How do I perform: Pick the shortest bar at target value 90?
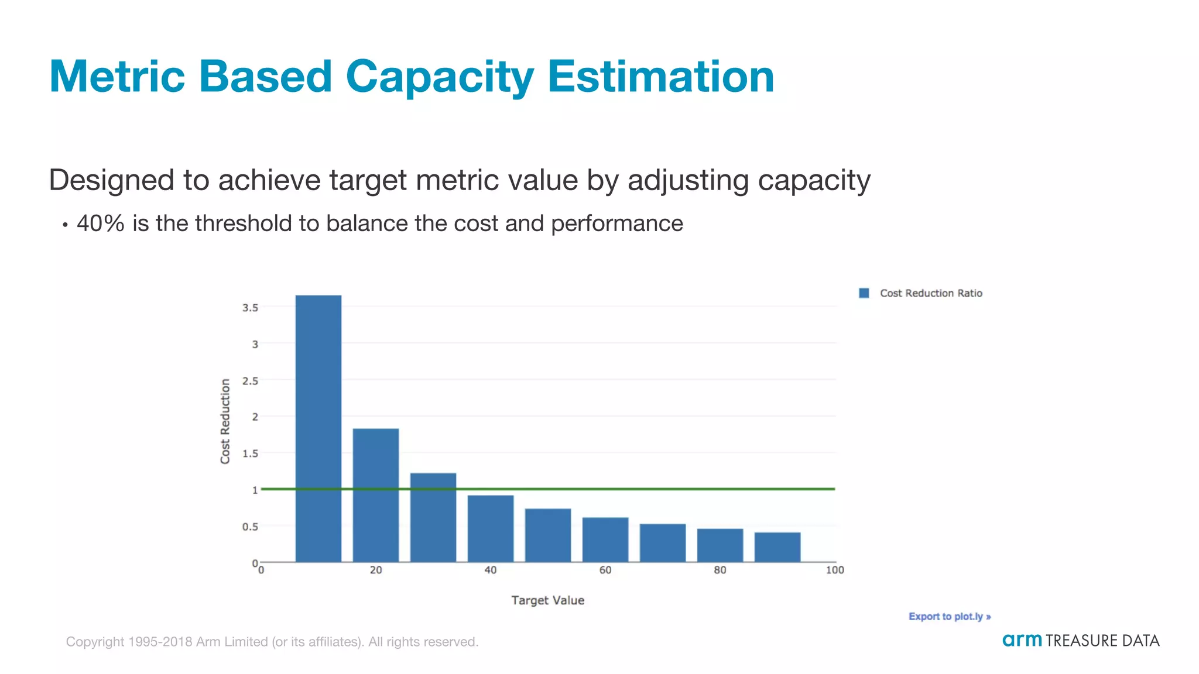777,547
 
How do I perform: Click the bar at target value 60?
605,539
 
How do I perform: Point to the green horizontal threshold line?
673,489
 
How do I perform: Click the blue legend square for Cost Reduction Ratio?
864,293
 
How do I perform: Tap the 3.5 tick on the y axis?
250,308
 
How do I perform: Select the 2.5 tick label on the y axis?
250,381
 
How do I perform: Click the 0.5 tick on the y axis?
250,527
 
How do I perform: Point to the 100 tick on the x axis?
834,570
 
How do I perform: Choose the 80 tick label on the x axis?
720,570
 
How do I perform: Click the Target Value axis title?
547,600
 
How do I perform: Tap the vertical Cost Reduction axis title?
225,421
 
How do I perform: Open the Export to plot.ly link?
949,616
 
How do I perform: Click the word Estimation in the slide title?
660,77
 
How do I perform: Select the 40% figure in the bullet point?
100,223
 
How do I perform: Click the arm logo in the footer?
1022,640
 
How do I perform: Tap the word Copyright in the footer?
95,642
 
